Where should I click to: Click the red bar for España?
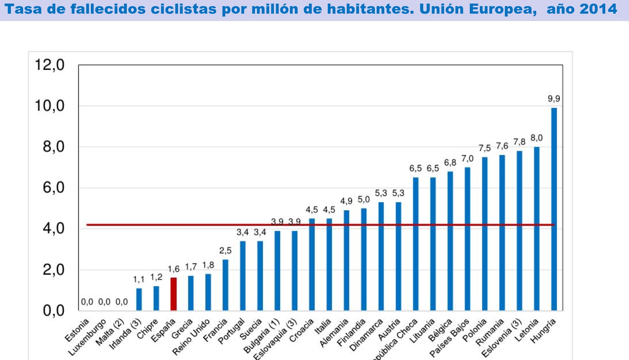(173, 294)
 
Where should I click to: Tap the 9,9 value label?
(554, 99)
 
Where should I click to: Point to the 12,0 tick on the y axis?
(49, 65)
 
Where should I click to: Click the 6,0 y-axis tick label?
(53, 188)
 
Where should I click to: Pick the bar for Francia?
(225, 285)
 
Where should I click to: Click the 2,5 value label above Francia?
(225, 250)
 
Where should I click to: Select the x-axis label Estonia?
(77, 331)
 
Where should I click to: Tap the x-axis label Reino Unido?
(191, 337)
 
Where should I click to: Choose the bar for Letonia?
(537, 229)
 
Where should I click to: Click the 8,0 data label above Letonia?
(537, 138)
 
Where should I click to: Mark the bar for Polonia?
(485, 234)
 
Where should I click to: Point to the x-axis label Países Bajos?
(450, 338)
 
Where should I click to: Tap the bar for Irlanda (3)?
(139, 299)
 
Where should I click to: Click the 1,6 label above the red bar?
(174, 269)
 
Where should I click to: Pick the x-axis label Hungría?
(543, 331)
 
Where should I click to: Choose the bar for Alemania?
(346, 260)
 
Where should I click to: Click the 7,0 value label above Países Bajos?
(467, 158)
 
